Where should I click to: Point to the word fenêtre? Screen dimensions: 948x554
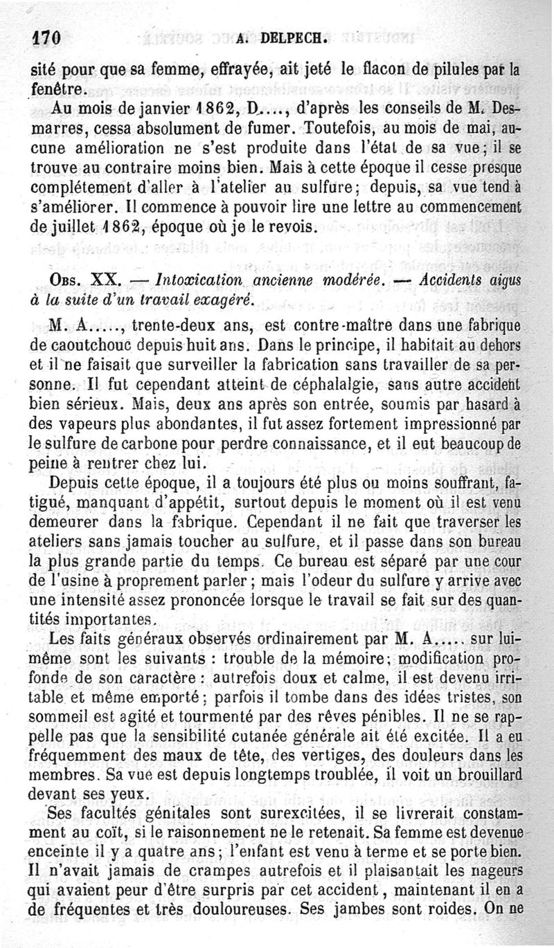60,89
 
